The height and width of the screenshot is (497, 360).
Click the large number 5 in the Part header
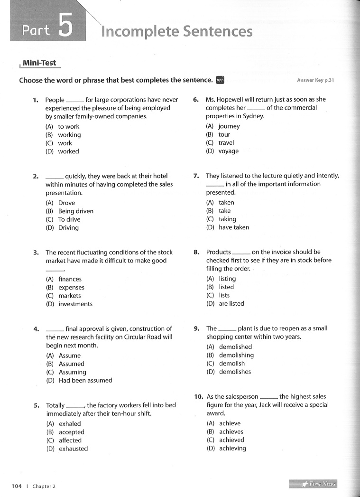pos(65,26)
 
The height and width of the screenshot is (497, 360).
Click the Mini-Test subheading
pos(39,63)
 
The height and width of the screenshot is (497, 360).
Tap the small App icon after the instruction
pos(220,80)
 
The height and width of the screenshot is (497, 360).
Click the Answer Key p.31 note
pos(315,80)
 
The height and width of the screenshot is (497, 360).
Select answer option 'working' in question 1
pos(69,135)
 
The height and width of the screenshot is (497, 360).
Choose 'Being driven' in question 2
pos(75,211)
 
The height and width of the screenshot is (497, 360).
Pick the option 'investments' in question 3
pos(75,304)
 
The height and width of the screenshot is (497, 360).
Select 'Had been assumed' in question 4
pos(85,380)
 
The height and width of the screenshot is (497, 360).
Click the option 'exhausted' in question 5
pos(73,449)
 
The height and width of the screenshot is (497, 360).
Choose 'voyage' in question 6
pos(229,151)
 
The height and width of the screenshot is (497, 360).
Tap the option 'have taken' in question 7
pos(234,227)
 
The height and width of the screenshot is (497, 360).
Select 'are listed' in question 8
pos(231,304)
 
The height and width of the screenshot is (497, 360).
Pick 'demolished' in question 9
pos(235,347)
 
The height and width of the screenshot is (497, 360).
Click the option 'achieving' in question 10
pos(232,448)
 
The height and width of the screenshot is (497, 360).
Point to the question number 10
pos(198,396)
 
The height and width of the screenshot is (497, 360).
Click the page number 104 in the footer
pos(17,486)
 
